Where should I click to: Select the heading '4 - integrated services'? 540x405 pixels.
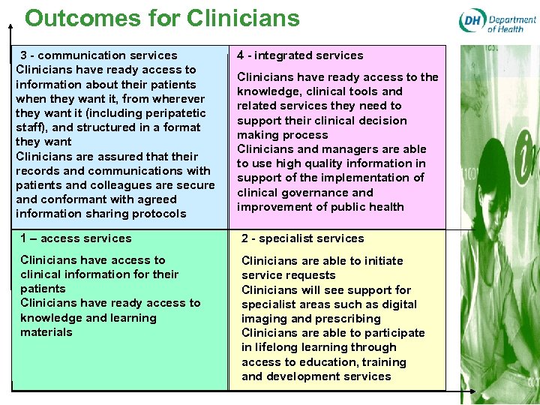300,55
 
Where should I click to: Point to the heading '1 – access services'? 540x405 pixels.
76,238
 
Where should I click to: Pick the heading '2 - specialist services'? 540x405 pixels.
302,238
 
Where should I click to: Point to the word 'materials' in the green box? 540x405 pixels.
46,332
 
